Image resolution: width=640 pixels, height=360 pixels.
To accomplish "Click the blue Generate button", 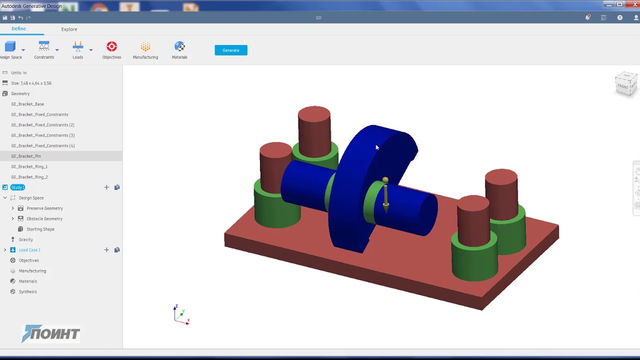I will point(230,50).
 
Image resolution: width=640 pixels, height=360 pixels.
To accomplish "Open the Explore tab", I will point(69,29).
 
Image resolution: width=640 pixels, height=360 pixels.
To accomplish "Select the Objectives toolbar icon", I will point(111,47).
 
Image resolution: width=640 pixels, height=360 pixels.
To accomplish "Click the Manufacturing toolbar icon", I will point(145,47).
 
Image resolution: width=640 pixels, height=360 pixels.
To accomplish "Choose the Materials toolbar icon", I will point(179,47).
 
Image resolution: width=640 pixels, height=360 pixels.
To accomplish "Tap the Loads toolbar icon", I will point(77,47).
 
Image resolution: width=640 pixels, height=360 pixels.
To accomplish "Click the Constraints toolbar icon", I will point(44,47).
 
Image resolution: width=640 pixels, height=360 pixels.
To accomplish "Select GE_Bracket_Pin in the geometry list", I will point(26,156).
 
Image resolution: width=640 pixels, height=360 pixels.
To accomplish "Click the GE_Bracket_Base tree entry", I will point(27,104).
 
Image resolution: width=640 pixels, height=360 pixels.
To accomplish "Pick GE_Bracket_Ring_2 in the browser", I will point(29,177).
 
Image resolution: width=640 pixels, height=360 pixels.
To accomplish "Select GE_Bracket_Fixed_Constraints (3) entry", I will point(42,135).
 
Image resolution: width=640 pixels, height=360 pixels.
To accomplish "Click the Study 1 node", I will point(17,187).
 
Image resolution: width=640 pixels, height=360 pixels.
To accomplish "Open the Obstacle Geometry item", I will point(44,218).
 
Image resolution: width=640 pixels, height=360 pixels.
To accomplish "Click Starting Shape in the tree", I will point(40,229).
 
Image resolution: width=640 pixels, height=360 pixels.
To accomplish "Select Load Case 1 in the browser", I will point(29,250).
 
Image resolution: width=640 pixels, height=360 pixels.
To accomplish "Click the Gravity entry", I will point(25,239).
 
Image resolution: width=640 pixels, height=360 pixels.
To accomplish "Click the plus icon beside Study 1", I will point(106,187).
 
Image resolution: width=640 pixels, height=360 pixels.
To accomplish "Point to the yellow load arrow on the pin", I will point(385,195).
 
